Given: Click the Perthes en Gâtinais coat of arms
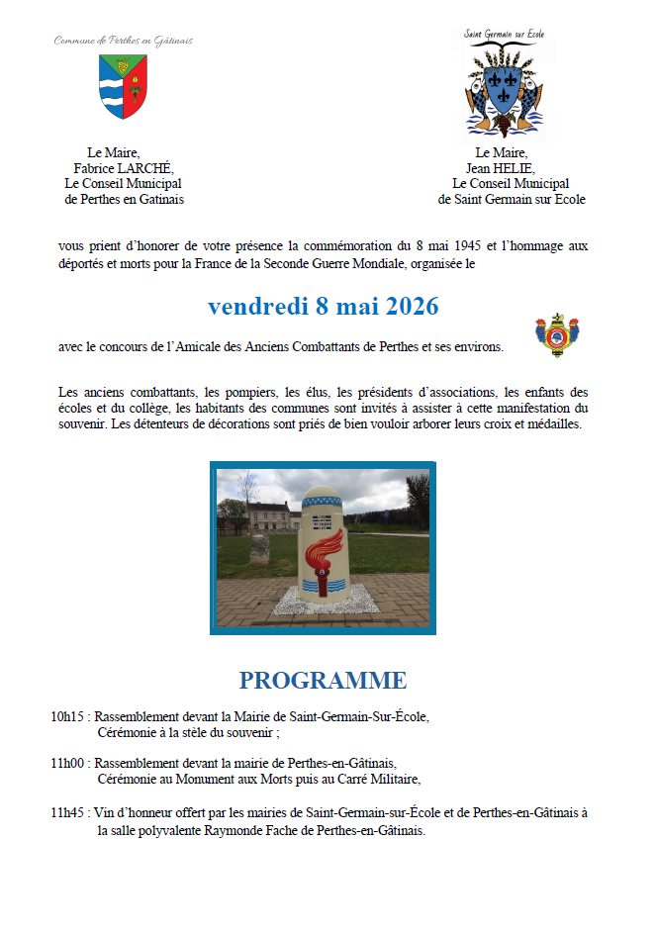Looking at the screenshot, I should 124,86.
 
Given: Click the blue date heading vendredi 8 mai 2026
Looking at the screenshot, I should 324,307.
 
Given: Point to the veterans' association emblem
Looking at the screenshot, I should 556,336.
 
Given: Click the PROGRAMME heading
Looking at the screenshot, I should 323,681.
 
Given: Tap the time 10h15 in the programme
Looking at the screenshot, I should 69,717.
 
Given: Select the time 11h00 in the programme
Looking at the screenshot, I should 69,764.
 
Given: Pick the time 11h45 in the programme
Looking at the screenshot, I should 69,812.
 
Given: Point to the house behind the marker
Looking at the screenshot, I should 270,515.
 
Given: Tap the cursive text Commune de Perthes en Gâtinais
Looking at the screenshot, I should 123,42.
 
